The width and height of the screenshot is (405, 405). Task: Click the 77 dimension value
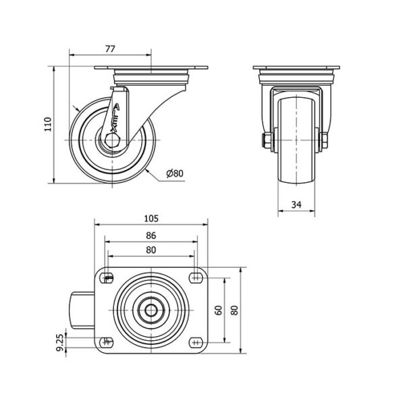tap(110, 49)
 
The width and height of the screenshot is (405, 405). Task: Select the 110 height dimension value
tap(48, 124)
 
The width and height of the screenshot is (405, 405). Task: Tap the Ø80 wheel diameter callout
tap(175, 173)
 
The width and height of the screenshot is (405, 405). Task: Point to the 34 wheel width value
tap(296, 205)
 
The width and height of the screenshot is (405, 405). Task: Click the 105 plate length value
tap(151, 219)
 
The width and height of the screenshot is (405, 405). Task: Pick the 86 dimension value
tap(151, 236)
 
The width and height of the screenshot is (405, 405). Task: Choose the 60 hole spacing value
tap(219, 310)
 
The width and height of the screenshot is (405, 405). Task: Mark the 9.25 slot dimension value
tap(59, 343)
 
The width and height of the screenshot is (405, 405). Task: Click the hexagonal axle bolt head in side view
tap(111, 140)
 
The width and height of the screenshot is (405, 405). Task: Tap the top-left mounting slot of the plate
tap(107, 278)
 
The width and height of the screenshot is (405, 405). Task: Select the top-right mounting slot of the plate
tap(196, 278)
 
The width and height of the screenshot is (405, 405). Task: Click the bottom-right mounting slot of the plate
tap(196, 342)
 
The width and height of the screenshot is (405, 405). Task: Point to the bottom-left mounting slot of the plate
tap(107, 342)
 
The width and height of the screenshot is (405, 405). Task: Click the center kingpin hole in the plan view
tap(151, 310)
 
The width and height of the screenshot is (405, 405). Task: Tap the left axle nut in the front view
tap(267, 140)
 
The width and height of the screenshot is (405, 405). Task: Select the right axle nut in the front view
tap(325, 140)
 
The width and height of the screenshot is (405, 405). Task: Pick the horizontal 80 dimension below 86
tap(151, 250)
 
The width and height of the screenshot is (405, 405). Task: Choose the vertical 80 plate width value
tap(234, 310)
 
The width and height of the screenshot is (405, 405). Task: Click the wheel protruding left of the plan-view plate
tap(83, 310)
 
